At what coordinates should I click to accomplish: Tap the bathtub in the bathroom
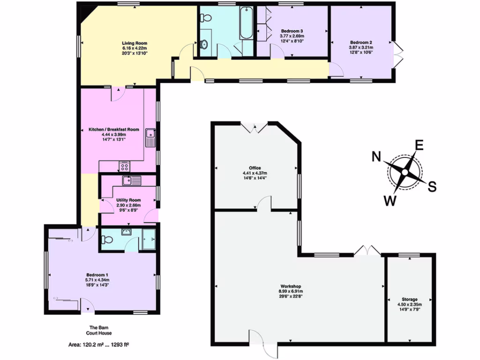(x=246, y=23)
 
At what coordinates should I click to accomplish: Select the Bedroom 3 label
(x=292, y=30)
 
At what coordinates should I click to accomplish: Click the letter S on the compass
(x=432, y=187)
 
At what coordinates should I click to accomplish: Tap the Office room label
(x=255, y=168)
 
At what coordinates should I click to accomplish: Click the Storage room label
(x=409, y=299)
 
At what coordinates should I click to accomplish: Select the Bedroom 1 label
(x=97, y=275)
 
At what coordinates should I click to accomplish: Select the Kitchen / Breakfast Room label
(x=114, y=129)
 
